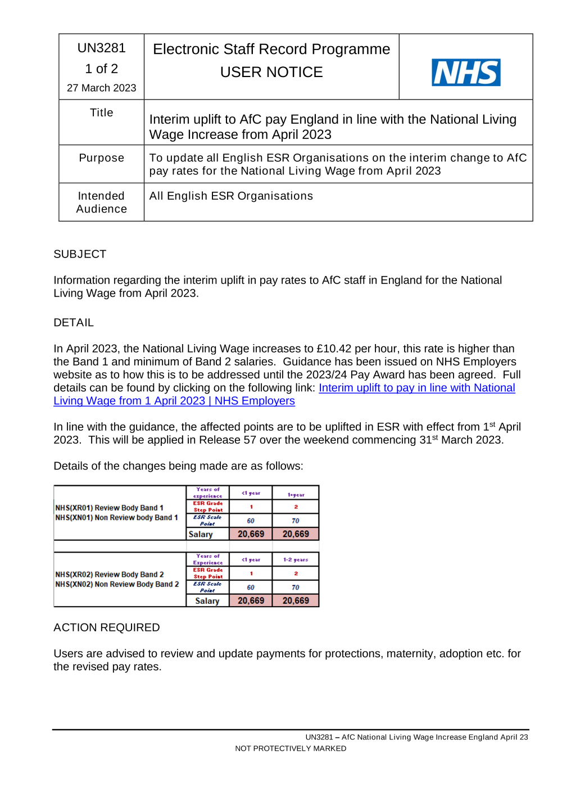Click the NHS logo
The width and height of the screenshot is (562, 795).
[x=466, y=73]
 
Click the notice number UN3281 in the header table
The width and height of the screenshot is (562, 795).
[x=101, y=48]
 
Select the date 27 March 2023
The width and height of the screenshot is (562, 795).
[x=101, y=88]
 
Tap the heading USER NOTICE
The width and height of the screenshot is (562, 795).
[x=271, y=73]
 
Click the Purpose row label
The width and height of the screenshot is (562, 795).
[x=101, y=158]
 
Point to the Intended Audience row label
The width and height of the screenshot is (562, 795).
[x=101, y=202]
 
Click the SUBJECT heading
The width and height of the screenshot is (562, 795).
[x=80, y=254]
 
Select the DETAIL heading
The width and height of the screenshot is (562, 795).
[x=74, y=323]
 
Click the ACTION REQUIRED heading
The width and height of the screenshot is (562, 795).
[x=107, y=627]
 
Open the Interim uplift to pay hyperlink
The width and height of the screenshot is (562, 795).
[x=416, y=388]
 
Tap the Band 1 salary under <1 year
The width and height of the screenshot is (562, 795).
[x=251, y=534]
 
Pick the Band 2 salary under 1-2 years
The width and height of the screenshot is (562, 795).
[x=296, y=600]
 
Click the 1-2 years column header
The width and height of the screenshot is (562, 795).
[x=296, y=560]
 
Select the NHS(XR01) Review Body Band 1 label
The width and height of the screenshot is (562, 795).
[x=110, y=508]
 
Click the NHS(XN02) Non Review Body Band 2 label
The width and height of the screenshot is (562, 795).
[x=117, y=584]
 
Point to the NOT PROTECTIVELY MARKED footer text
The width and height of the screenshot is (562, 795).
[x=291, y=748]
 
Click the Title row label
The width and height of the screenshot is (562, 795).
[x=101, y=113]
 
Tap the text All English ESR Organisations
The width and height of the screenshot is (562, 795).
[x=231, y=196]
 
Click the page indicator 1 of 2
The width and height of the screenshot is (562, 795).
[x=101, y=69]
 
